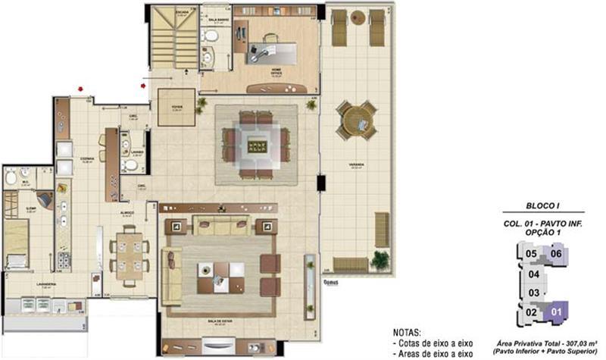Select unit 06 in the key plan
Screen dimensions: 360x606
(556, 254)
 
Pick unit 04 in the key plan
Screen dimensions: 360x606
(534, 274)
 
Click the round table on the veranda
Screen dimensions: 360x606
(355, 119)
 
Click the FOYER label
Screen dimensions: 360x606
(176, 108)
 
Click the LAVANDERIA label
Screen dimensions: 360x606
(45, 287)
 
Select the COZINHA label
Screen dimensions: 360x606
(86, 160)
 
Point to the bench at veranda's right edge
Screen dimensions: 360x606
(382, 229)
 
